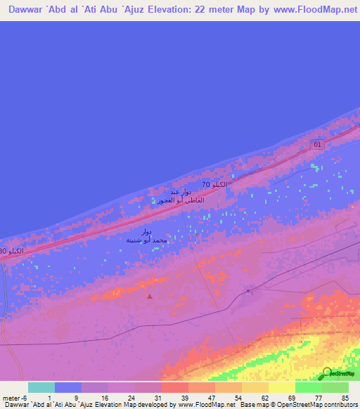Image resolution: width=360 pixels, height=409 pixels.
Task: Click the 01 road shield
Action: tap(317, 145)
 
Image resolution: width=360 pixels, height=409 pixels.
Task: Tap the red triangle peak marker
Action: tap(149, 296)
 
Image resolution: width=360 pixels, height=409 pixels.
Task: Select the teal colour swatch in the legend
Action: tap(41, 387)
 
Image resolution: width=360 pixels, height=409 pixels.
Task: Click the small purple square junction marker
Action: tap(248, 290)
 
